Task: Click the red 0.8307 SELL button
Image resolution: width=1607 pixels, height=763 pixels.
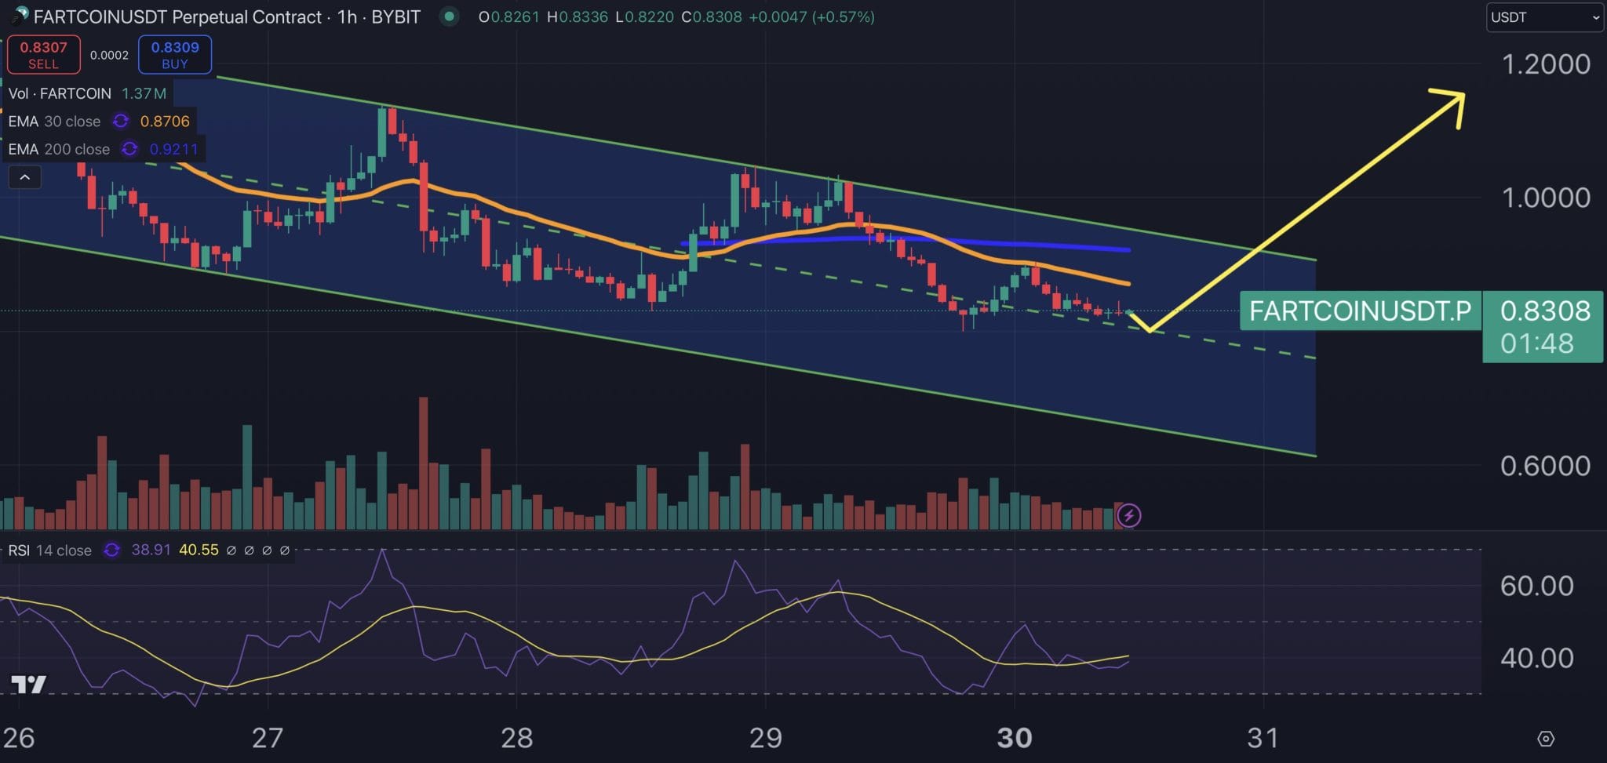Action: pyautogui.click(x=43, y=55)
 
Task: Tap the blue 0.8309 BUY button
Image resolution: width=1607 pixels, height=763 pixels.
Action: pyautogui.click(x=175, y=55)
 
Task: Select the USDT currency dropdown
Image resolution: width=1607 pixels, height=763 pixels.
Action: pyautogui.click(x=1543, y=17)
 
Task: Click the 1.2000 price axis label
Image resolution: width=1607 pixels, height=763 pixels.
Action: pyautogui.click(x=1545, y=64)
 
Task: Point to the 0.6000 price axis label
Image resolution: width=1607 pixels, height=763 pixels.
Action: pyautogui.click(x=1545, y=466)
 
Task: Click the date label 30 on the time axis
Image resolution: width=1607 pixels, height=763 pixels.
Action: pyautogui.click(x=1014, y=738)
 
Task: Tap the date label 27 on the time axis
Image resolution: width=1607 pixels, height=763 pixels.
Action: pyautogui.click(x=268, y=738)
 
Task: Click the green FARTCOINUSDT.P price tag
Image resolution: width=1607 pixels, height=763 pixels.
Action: pyautogui.click(x=1359, y=311)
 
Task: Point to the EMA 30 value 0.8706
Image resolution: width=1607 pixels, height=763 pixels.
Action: pyautogui.click(x=165, y=122)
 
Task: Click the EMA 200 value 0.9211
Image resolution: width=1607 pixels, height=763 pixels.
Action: pyautogui.click(x=173, y=149)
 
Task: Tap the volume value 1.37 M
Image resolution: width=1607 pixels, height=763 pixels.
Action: pyautogui.click(x=144, y=93)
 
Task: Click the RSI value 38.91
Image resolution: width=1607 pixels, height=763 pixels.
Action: pyautogui.click(x=151, y=550)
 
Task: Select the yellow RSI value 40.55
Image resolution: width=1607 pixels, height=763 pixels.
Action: pyautogui.click(x=199, y=550)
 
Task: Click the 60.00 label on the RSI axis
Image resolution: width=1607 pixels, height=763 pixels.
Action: pyautogui.click(x=1536, y=586)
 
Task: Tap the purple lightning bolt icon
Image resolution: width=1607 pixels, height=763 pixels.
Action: pyautogui.click(x=1128, y=515)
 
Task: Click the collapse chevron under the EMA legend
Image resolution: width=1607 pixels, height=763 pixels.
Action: pyautogui.click(x=24, y=177)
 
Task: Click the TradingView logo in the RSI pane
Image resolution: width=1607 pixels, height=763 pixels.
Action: pyautogui.click(x=28, y=685)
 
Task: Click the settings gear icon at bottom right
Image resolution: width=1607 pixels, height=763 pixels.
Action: pyautogui.click(x=1545, y=739)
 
